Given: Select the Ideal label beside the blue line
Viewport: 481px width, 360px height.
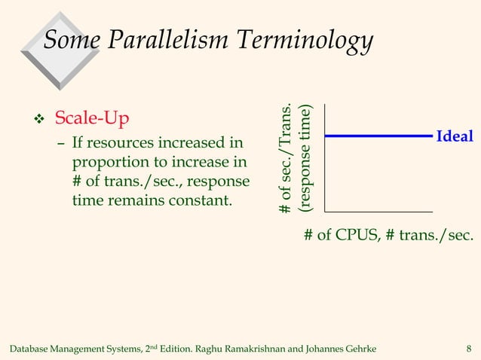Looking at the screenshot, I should point(454,136).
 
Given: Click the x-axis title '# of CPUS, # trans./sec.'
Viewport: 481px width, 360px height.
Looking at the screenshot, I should point(388,236).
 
